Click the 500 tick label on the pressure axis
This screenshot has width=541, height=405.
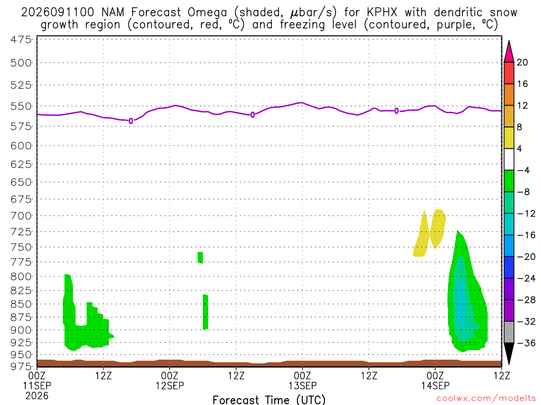click(21, 63)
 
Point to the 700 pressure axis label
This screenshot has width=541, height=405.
click(21, 216)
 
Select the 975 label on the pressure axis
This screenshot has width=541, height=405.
click(21, 367)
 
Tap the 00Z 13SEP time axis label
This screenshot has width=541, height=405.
click(302, 381)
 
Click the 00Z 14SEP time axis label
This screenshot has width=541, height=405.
click(435, 381)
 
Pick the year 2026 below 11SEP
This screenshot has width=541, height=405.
click(36, 396)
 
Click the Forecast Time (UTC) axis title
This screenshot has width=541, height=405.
click(269, 400)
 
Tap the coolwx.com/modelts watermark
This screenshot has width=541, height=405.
click(486, 399)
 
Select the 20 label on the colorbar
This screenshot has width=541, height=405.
click(522, 62)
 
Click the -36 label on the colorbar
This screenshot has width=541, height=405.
click(526, 343)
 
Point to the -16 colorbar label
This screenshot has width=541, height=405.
click(526, 235)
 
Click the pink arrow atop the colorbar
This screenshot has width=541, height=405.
click(509, 52)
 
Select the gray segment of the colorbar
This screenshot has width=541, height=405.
click(509, 332)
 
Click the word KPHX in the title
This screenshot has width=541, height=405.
click(382, 13)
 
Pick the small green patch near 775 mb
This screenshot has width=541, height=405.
click(200, 257)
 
